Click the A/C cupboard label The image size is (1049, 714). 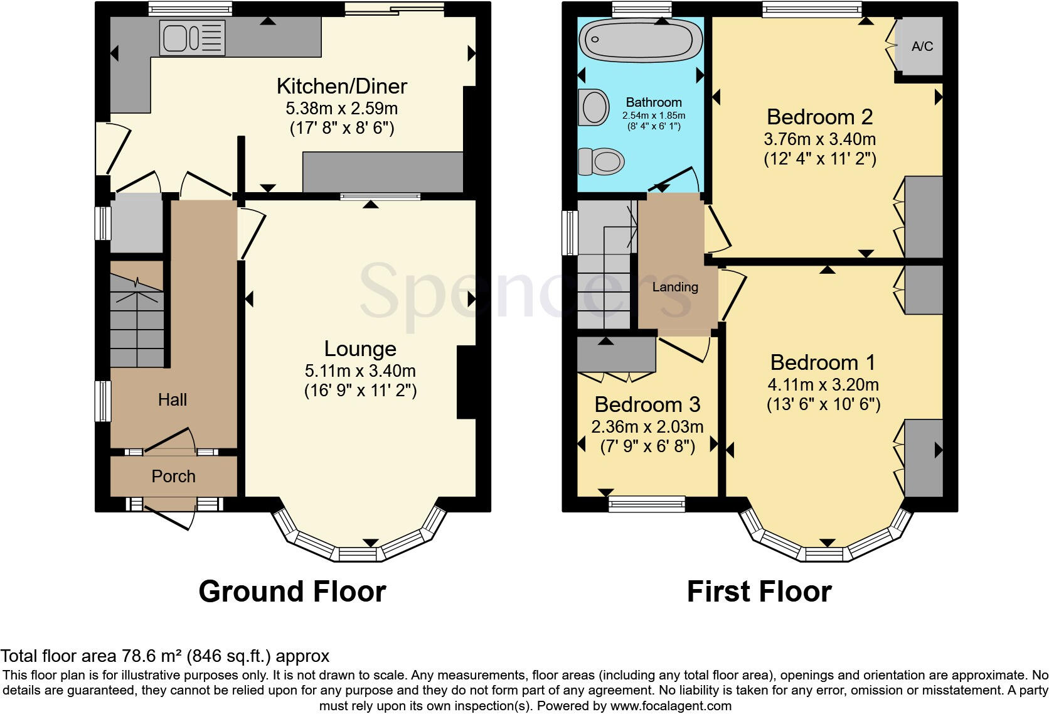click(x=922, y=46)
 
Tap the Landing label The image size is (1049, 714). click(x=675, y=287)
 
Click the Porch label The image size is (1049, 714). click(x=173, y=477)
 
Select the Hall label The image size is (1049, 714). click(x=172, y=400)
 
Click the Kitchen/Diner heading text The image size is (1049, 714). click(x=342, y=86)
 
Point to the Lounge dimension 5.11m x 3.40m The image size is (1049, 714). click(x=360, y=371)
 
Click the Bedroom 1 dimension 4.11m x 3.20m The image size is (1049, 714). click(x=823, y=385)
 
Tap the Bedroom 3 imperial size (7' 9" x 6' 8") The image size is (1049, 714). click(x=647, y=446)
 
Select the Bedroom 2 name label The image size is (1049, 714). click(x=819, y=117)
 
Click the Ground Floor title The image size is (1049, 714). click(x=292, y=592)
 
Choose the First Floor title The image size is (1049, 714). click(x=759, y=592)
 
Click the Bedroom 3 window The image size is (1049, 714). click(x=647, y=502)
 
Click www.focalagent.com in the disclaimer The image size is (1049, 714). click(x=671, y=705)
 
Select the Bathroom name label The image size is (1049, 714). click(x=653, y=102)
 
